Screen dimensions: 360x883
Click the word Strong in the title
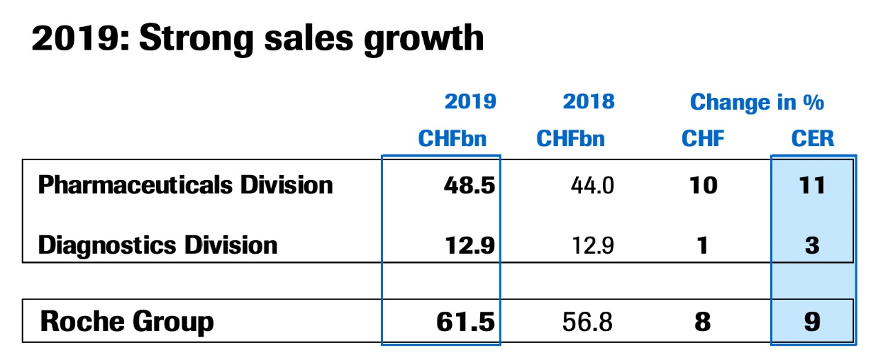199,39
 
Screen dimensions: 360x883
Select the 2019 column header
470,102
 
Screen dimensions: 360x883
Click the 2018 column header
588,102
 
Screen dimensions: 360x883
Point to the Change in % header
757,102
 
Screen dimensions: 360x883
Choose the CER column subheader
813,139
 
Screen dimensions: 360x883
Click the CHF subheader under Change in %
703,139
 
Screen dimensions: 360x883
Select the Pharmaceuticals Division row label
186,185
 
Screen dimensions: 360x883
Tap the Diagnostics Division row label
158,245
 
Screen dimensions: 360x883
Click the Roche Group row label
127,321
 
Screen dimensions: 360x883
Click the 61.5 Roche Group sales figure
466,322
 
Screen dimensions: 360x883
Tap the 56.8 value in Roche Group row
587,322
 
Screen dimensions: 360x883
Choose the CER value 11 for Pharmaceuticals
811,186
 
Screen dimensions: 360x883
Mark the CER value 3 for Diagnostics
812,246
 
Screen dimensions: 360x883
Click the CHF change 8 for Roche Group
702,322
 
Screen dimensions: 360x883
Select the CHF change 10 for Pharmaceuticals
703,186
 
